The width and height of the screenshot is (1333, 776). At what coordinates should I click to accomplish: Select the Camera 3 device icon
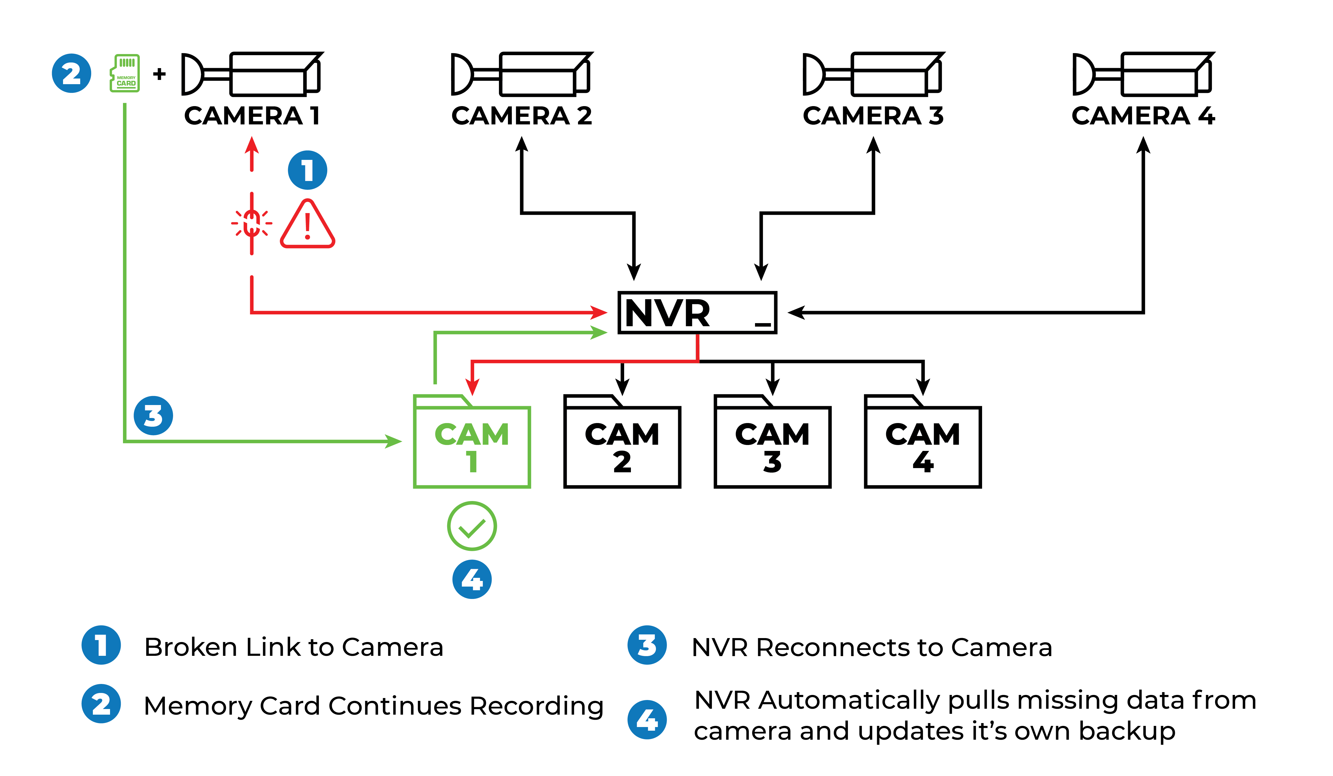873,74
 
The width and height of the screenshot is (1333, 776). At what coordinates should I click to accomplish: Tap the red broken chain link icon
252,223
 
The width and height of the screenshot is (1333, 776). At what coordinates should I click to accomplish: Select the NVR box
697,313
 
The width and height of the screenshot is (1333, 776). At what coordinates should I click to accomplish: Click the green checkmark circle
472,526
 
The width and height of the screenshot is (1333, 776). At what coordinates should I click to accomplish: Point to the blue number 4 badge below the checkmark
472,579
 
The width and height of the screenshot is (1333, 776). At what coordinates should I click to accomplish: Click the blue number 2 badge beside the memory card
71,73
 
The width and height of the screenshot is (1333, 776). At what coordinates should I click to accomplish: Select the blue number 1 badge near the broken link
307,170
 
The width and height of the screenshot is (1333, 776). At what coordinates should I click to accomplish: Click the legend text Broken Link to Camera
294,647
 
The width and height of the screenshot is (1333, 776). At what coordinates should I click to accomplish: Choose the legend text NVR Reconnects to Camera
872,647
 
